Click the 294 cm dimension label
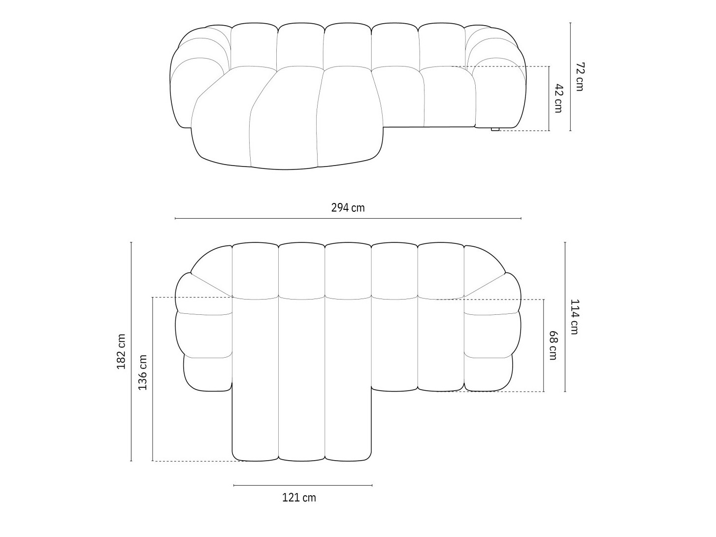click(348, 208)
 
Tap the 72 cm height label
click(579, 76)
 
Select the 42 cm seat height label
click(558, 98)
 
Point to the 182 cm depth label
click(122, 352)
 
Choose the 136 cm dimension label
click(143, 372)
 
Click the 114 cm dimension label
click(574, 317)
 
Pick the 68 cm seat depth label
click(553, 345)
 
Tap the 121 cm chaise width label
click(299, 498)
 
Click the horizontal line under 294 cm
click(348, 218)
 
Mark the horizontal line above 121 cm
click(303, 485)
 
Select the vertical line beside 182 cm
click(131, 352)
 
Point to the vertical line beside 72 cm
click(570, 76)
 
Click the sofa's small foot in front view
click(495, 130)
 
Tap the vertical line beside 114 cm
click(565, 317)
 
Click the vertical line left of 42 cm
click(549, 98)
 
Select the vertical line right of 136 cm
click(153, 379)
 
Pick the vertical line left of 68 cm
click(544, 345)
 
